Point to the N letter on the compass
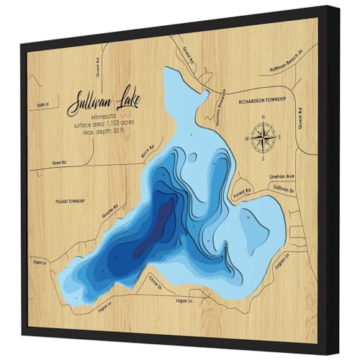click(x=264, y=117)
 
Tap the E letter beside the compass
click(x=279, y=136)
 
